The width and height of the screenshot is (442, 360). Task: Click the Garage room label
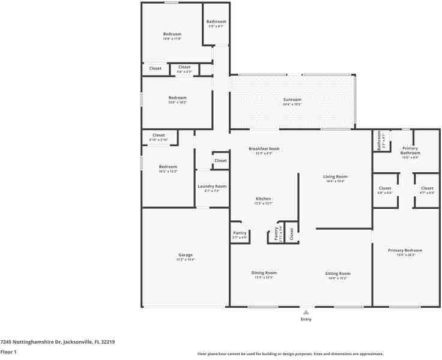coord(185,255)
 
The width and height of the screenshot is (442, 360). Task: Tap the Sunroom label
coord(292,100)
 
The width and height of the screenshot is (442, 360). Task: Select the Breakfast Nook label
coord(264,149)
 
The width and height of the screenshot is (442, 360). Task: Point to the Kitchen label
coord(264,199)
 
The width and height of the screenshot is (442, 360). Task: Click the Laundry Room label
coord(213,187)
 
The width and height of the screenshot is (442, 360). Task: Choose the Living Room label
coord(336,176)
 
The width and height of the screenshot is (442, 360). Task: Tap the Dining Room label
coord(264,273)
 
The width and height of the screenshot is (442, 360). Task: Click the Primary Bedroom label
coord(405,250)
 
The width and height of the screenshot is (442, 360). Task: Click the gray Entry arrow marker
coord(306,312)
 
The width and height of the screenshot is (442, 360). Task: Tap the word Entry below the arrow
coord(306,319)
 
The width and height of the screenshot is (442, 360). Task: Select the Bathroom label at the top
coord(216,22)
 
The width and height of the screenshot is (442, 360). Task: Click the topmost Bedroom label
coord(172,34)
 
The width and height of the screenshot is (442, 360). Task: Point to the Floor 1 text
coord(9,352)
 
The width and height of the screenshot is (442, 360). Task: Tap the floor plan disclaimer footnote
coord(290,354)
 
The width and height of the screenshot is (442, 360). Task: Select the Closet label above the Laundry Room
coord(220,161)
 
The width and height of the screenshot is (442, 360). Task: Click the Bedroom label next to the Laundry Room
coord(168,167)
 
